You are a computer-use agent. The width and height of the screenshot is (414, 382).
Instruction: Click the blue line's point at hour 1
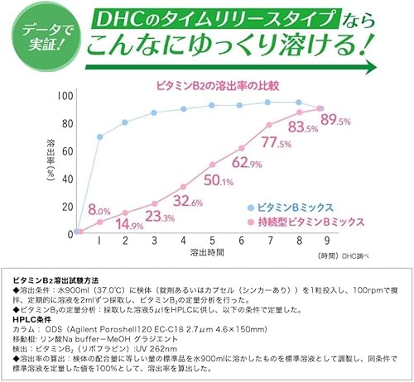pos(99,136)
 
